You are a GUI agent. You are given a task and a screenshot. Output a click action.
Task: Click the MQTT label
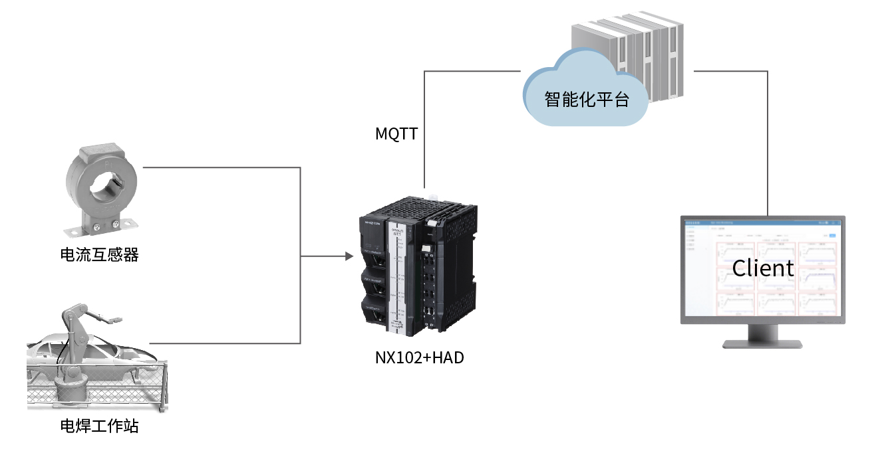click(x=396, y=134)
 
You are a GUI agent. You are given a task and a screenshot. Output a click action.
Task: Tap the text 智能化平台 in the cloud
click(x=586, y=100)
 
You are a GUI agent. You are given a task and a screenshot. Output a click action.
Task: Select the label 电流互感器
click(x=99, y=254)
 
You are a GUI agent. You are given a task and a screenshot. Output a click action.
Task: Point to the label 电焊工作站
click(x=99, y=426)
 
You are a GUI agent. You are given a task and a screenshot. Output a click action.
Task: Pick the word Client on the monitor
click(x=763, y=268)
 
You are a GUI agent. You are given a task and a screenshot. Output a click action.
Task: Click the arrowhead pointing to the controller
click(x=349, y=256)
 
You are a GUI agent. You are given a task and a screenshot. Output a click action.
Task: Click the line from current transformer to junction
click(x=220, y=167)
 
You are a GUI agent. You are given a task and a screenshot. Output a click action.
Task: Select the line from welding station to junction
click(x=226, y=343)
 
